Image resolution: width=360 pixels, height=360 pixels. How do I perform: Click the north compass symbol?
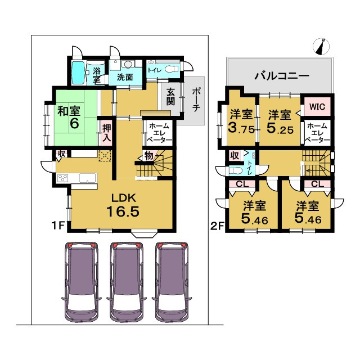pos(321,47)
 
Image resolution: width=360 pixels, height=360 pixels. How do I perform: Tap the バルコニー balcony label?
pos(282,75)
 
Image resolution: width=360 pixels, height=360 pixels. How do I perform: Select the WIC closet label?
pos(317,106)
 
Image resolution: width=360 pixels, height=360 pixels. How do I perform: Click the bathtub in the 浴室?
pos(79,72)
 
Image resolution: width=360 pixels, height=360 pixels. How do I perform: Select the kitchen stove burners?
pos(62,178)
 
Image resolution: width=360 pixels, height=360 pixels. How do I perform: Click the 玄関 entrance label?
pos(170,97)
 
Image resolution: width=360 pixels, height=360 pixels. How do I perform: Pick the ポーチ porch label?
pos(196,100)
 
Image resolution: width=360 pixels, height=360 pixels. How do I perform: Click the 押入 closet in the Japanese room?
pos(107,133)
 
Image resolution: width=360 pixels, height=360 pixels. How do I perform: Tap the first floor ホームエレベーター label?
pos(159,133)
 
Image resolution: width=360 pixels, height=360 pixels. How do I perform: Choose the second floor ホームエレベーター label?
pos(317,133)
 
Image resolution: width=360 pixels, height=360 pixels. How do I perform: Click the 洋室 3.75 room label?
pos(241,121)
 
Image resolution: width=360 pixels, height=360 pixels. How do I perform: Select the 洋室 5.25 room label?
pos(280,121)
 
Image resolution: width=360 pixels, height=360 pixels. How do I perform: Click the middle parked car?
pos(127,282)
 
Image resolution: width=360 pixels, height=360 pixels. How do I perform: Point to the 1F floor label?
pos(58,226)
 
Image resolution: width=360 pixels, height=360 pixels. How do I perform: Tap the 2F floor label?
pos(217,226)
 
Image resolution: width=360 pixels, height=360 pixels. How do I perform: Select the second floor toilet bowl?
pos(236,171)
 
